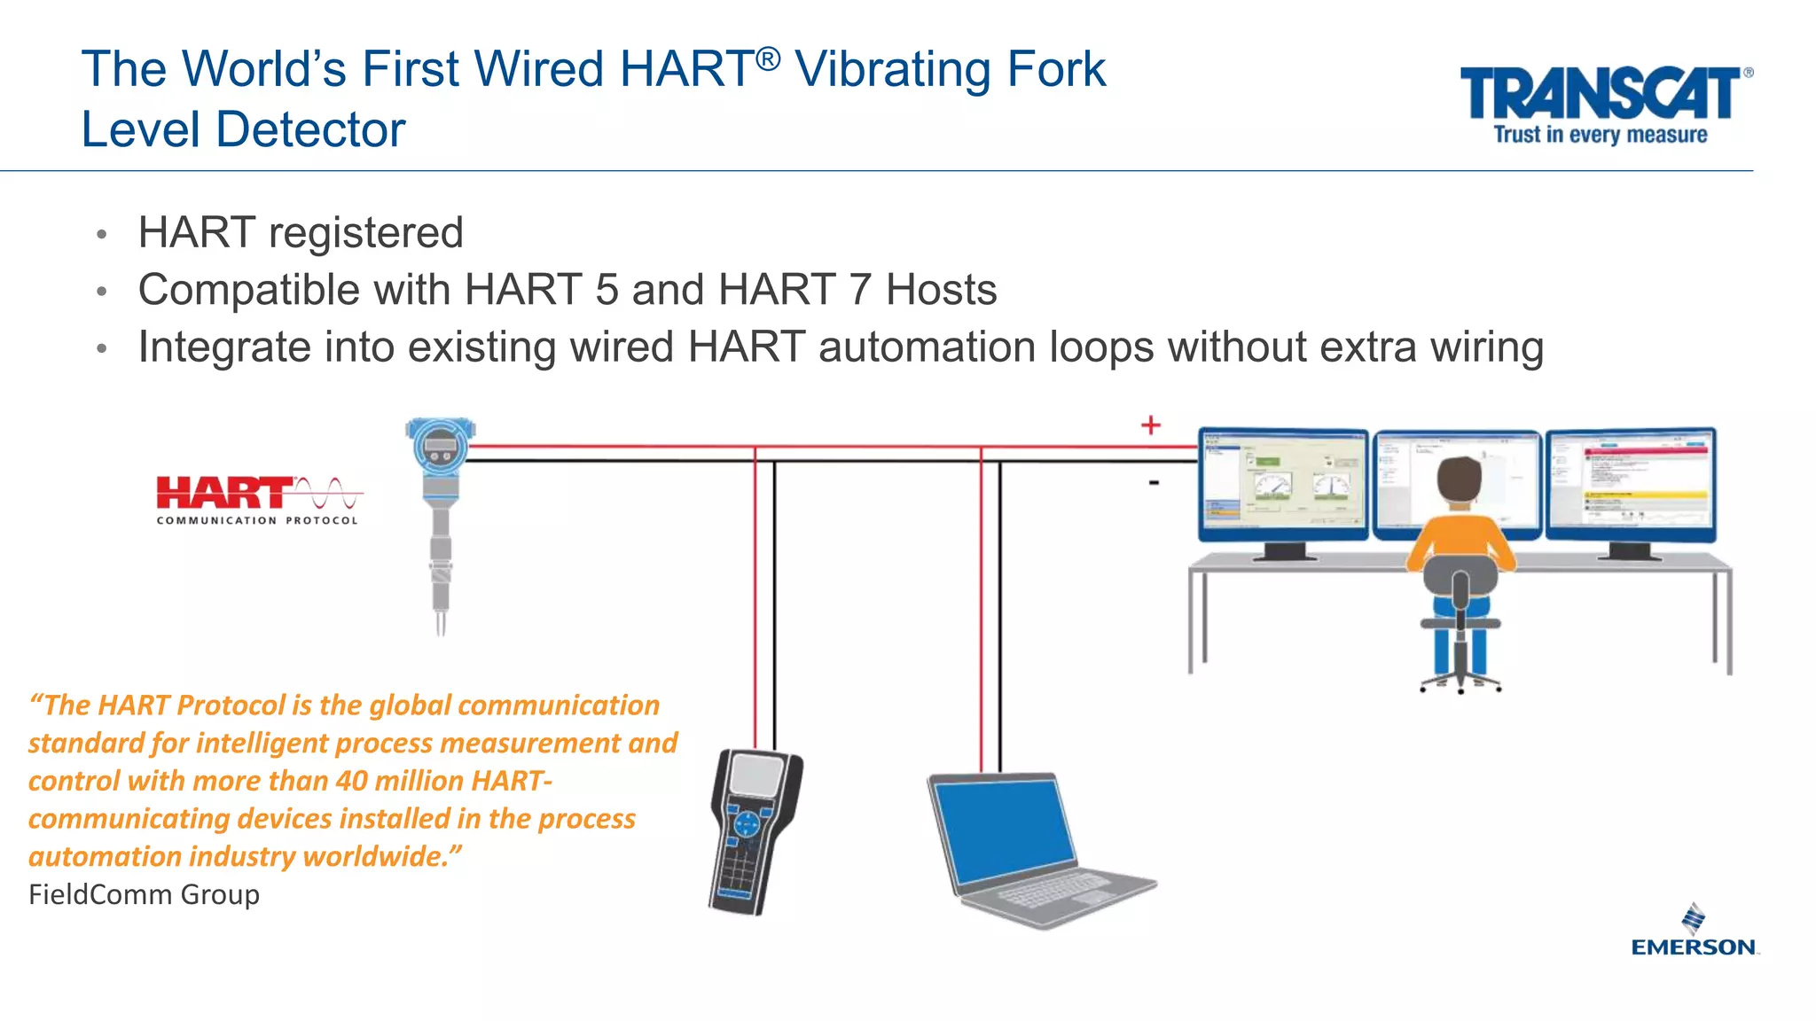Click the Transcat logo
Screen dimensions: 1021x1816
(1601, 94)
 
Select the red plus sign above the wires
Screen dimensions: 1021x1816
(1150, 425)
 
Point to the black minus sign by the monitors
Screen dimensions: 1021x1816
(1154, 483)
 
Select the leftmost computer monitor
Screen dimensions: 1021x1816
(1282, 485)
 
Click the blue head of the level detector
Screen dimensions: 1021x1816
(441, 448)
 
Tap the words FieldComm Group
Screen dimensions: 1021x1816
(144, 894)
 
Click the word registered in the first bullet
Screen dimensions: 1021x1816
(365, 233)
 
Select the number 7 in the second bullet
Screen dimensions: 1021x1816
(859, 290)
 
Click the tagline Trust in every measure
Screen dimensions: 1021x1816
(1600, 135)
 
